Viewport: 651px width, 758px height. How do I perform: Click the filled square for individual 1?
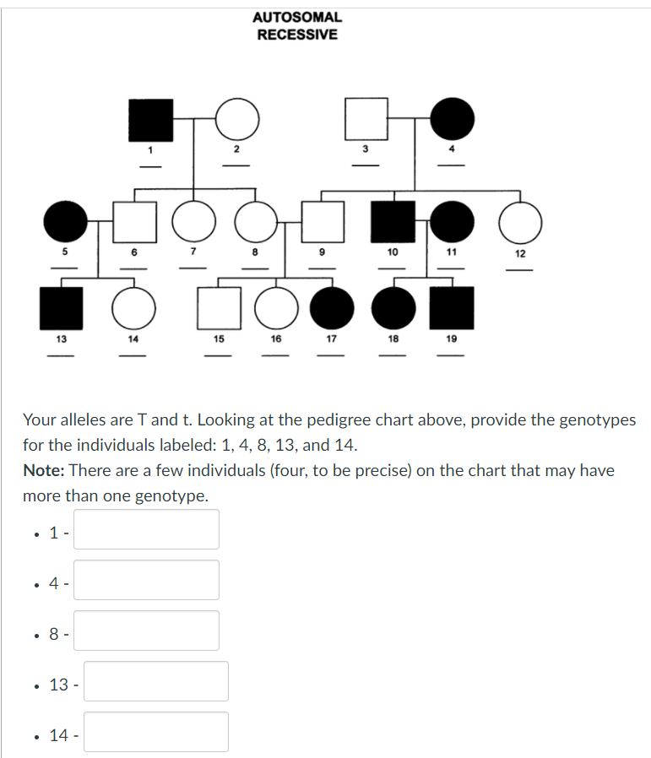click(x=150, y=120)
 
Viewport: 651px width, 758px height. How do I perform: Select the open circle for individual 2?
click(x=237, y=120)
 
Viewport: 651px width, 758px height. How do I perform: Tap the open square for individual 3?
click(x=366, y=120)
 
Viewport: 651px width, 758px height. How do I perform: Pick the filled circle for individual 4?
click(x=453, y=120)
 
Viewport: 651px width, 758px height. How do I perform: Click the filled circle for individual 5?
click(x=64, y=223)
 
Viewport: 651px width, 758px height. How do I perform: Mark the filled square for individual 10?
click(x=393, y=223)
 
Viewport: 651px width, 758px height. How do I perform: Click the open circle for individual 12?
click(x=520, y=223)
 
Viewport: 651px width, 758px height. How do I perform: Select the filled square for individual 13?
click(x=62, y=308)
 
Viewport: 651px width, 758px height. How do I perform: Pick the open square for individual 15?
click(x=218, y=308)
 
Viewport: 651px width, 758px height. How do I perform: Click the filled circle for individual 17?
click(x=332, y=308)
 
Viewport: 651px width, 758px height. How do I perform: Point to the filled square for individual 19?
click(x=452, y=308)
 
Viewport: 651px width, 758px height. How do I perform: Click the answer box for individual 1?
click(x=146, y=529)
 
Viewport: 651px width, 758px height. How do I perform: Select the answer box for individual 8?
click(x=146, y=631)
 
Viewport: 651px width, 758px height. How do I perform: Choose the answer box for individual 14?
click(x=155, y=732)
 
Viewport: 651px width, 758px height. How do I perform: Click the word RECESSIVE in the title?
click(x=297, y=35)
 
